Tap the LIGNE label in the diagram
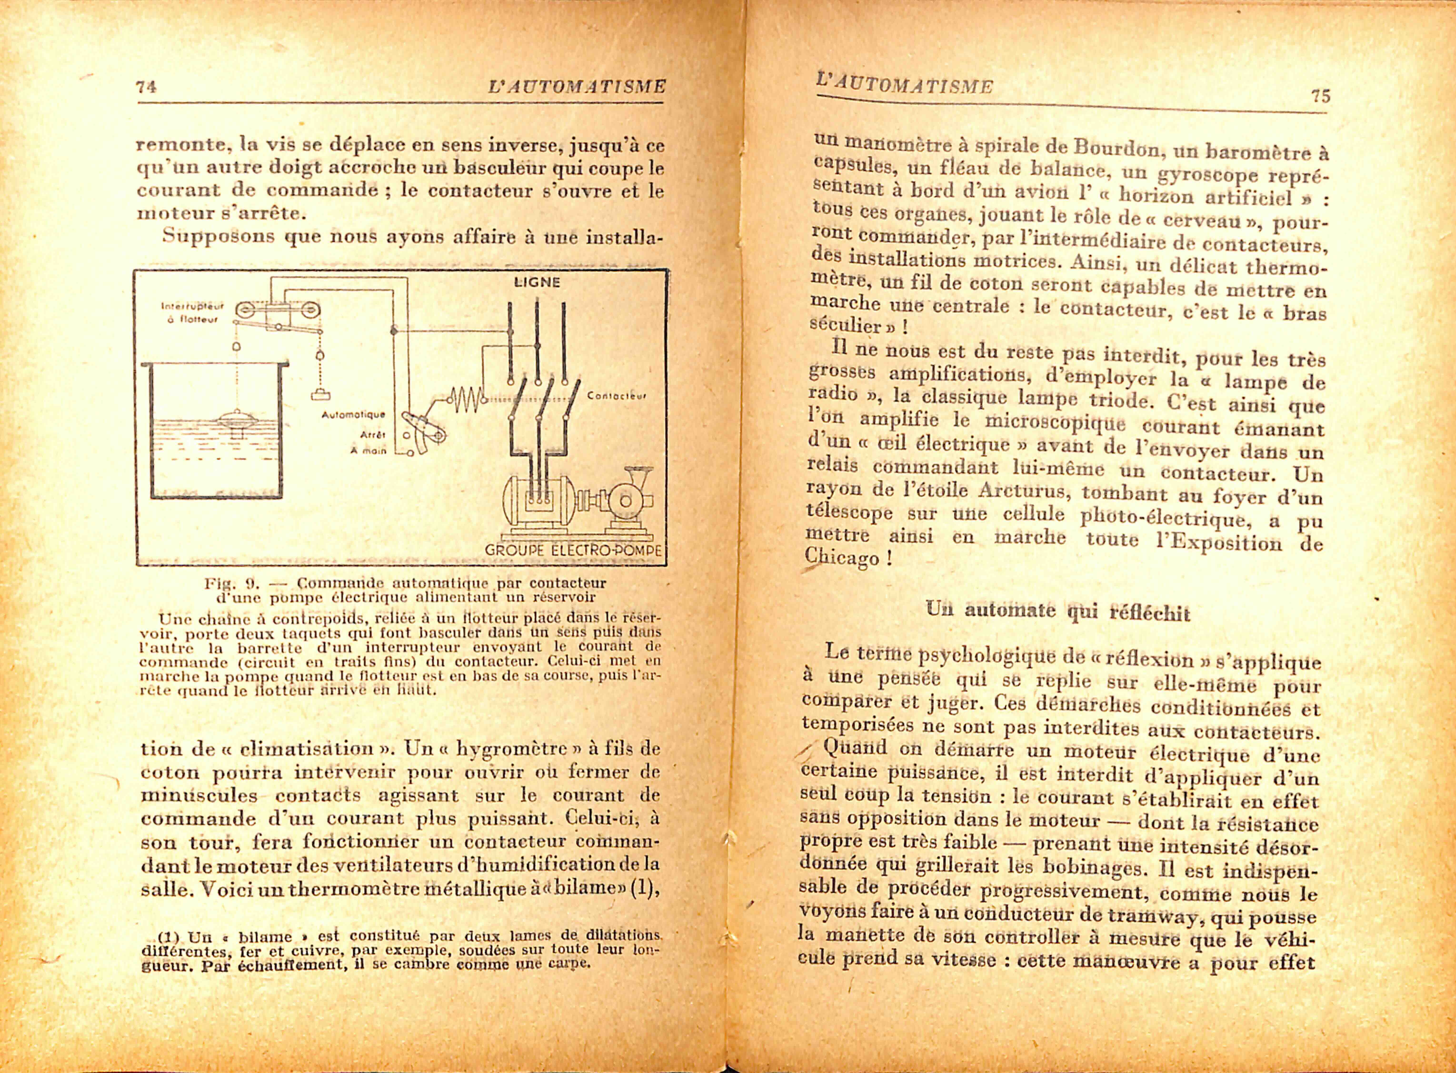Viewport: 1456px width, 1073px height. click(x=536, y=283)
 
